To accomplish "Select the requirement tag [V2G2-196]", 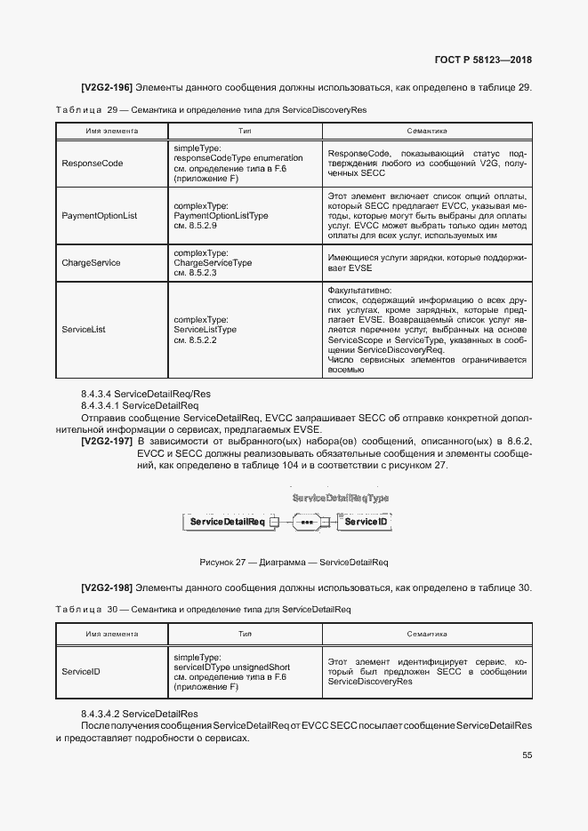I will tap(107, 87).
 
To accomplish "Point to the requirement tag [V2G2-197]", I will tap(107, 442).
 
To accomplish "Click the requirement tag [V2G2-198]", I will tap(107, 587).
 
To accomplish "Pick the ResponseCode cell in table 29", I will tap(92, 163).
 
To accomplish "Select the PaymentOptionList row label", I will tap(100, 216).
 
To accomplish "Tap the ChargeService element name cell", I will tap(91, 263).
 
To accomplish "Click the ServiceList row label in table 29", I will tap(84, 329).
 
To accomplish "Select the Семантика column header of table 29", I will tap(426, 131).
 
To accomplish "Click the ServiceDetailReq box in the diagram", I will tap(227, 522).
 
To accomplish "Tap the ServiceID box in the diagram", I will tap(366, 522).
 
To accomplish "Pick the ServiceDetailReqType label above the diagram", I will tap(341, 499).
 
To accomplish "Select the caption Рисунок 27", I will tap(294, 562).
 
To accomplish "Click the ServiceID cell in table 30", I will tap(81, 671).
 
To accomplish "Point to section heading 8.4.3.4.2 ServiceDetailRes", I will tap(140, 714).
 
